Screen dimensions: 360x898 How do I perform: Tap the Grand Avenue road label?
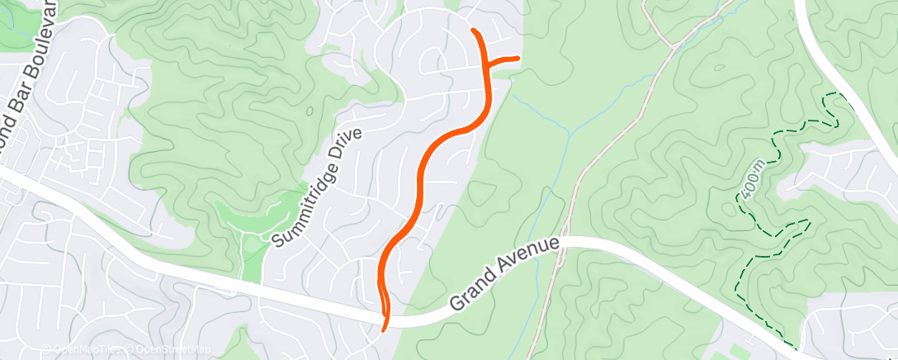pos(505,276)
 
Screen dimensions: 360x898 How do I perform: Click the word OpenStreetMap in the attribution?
pos(173,350)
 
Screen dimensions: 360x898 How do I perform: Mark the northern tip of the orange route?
pos(474,31)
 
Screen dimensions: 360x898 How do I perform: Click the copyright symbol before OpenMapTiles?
pos(48,350)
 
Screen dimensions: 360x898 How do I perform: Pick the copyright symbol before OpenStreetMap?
pos(130,350)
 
